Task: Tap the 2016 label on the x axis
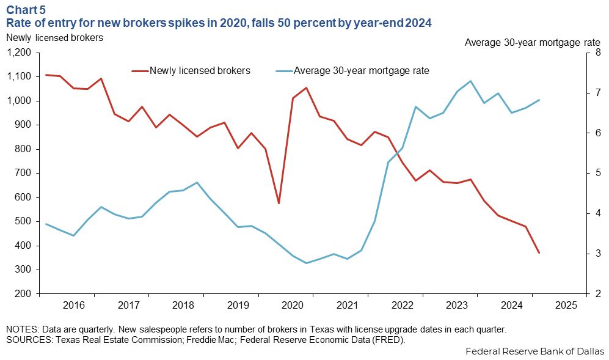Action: tap(73, 304)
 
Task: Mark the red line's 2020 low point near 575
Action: tap(279, 203)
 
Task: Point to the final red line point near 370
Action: tap(539, 252)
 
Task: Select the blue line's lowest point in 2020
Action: tap(306, 263)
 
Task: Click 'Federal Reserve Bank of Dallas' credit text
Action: tap(534, 351)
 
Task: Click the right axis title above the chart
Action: tap(532, 42)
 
